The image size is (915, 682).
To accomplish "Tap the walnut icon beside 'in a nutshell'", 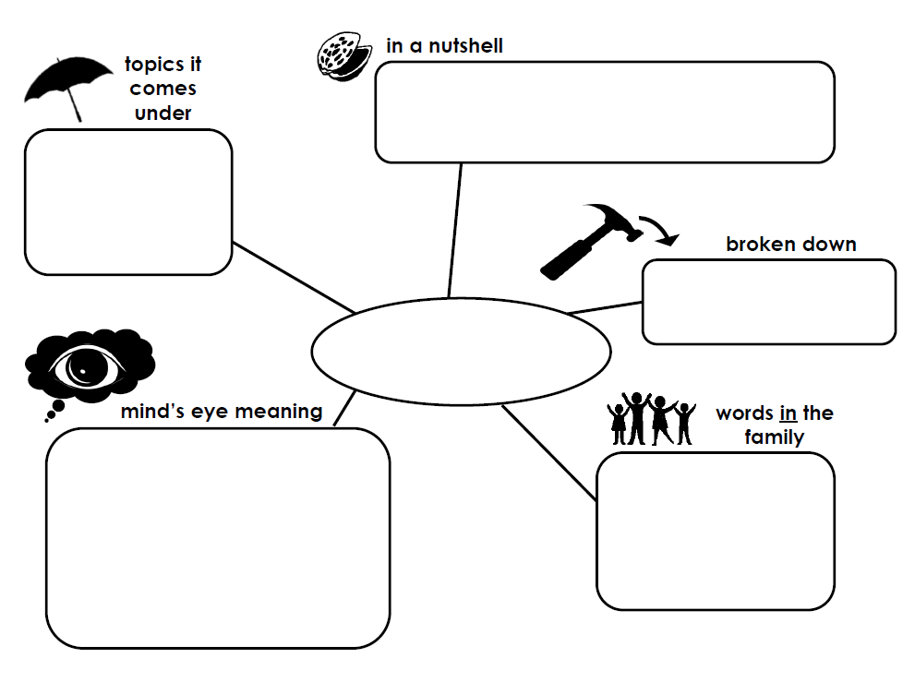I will tap(342, 55).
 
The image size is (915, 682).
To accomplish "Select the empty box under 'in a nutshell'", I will tap(605, 112).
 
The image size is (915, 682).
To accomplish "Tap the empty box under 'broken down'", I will tap(768, 302).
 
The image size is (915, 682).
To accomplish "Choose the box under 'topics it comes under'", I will tap(127, 201).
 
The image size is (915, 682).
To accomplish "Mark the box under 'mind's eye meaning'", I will tap(218, 537).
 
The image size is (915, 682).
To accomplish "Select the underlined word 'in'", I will tap(789, 413).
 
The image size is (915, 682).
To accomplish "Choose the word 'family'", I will tap(774, 437).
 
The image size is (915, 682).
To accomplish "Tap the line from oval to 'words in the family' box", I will tap(548, 452).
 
